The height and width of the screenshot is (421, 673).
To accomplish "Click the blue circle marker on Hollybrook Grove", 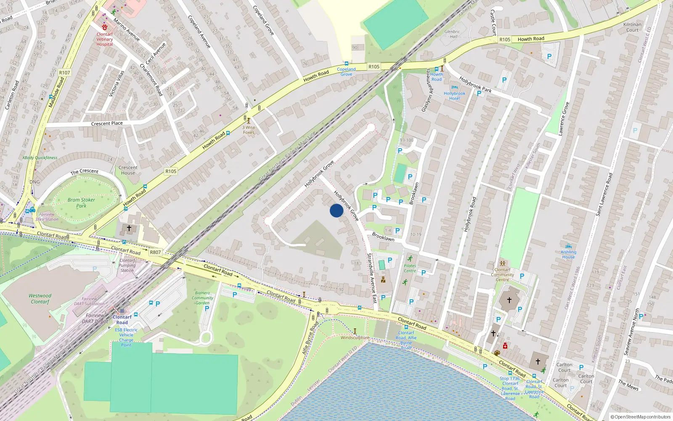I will click(336, 210).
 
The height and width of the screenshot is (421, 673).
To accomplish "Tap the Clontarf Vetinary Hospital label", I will click(105, 39).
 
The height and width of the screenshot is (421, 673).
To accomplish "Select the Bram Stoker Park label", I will click(81, 203).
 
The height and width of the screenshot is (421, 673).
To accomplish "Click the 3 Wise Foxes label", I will click(249, 130).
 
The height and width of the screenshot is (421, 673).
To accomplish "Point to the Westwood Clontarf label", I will click(40, 298).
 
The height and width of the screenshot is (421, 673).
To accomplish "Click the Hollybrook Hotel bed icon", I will click(454, 88).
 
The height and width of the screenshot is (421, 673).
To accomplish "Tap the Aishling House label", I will click(568, 254).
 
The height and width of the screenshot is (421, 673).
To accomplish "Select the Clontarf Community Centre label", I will click(502, 274).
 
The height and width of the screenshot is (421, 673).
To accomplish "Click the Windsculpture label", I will click(355, 338).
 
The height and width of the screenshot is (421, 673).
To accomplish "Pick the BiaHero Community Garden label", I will click(203, 298).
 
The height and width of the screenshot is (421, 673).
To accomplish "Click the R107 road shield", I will click(64, 73).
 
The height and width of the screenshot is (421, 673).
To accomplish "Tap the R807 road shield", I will click(155, 252).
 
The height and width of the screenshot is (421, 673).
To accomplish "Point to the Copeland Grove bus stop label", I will click(346, 72).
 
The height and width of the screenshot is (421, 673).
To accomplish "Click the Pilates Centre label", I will click(410, 268).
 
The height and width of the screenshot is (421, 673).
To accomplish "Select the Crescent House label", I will click(128, 170).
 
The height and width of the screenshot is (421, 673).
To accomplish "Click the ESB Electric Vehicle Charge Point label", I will click(126, 337).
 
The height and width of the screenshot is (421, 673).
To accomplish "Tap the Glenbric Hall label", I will click(452, 34).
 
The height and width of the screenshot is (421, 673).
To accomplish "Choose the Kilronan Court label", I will click(632, 27).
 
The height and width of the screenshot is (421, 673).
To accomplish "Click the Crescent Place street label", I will click(107, 123).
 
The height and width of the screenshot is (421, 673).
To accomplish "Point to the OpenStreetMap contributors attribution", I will click(640, 417).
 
